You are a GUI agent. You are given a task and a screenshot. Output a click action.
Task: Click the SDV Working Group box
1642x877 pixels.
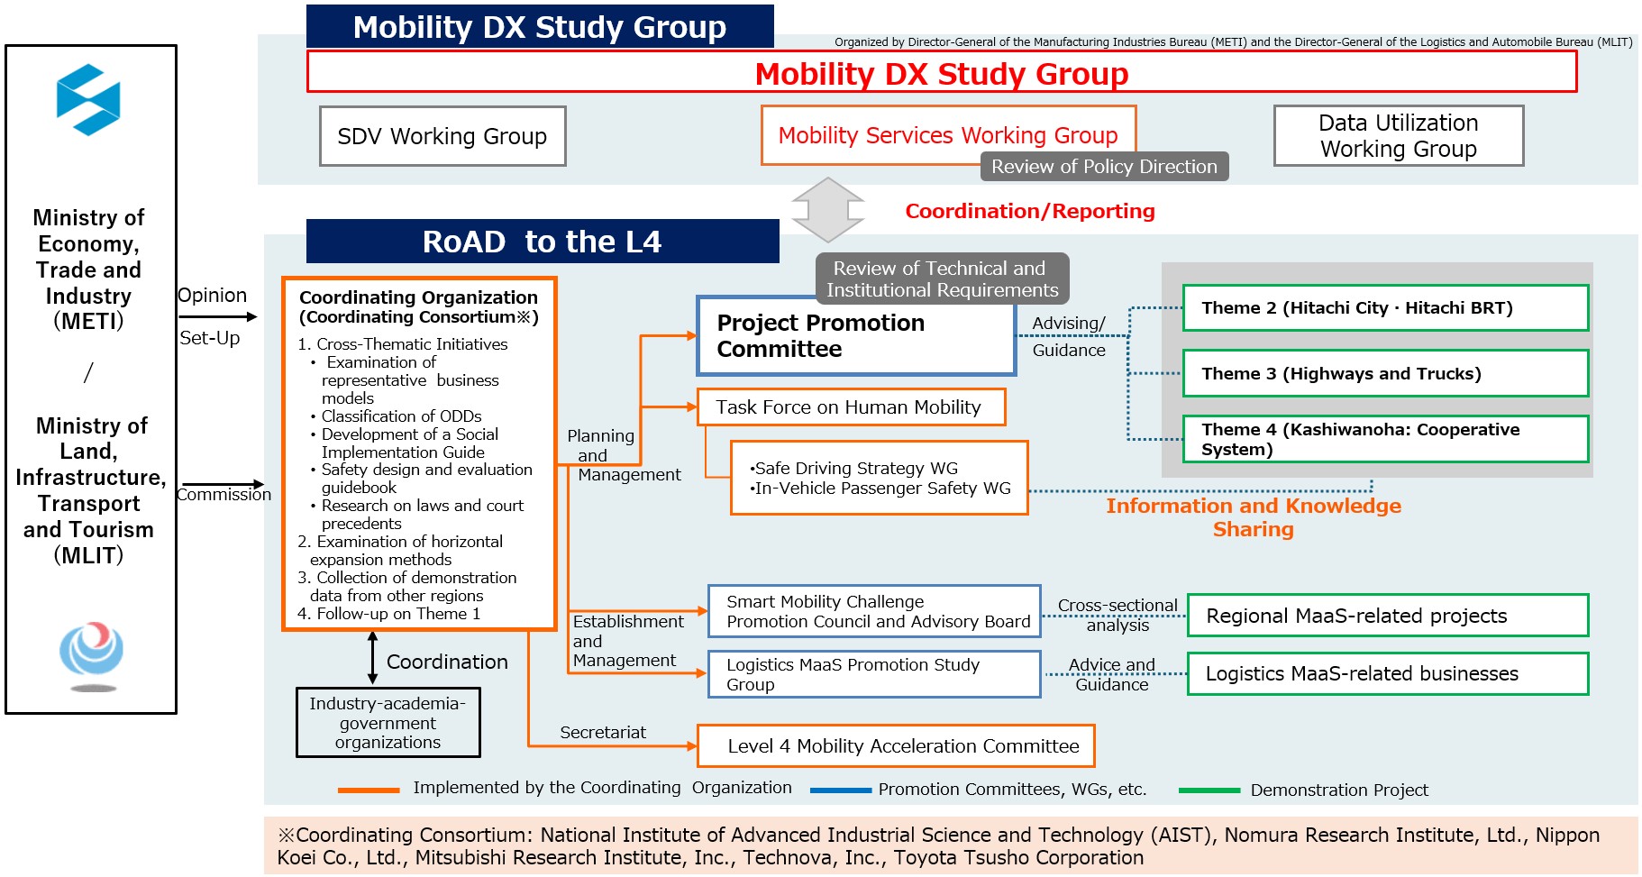(442, 136)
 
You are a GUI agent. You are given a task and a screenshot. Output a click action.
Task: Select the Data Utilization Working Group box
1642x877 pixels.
(1399, 136)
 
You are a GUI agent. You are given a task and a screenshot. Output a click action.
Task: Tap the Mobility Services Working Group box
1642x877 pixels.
(948, 135)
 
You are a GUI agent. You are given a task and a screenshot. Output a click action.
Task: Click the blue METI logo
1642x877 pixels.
(88, 99)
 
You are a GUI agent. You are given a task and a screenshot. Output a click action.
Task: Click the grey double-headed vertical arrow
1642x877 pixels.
(828, 210)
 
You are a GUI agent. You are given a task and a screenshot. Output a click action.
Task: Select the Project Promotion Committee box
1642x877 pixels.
(856, 336)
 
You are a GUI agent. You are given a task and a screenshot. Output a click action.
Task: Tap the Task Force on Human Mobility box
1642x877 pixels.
(851, 407)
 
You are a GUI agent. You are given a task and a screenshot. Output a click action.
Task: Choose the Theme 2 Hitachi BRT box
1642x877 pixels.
(1385, 308)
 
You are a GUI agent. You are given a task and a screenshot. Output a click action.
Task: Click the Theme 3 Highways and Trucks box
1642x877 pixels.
(1385, 373)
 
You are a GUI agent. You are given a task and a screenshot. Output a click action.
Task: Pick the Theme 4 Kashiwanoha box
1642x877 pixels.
(1385, 439)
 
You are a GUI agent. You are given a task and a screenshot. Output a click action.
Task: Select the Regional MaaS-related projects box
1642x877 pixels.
(1388, 616)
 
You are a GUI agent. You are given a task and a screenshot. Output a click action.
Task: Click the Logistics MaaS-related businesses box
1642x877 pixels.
(1388, 673)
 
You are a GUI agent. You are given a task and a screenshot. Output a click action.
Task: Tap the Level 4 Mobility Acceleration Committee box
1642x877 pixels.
(896, 746)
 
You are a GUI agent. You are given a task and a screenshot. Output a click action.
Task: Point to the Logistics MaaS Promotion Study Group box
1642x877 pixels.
(874, 674)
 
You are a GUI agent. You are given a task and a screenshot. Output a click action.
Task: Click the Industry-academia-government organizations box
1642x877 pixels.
(388, 723)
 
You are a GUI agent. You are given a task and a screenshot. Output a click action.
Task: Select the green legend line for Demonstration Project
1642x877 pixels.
(1209, 790)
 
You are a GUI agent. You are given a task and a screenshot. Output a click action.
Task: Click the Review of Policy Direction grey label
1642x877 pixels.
(1105, 167)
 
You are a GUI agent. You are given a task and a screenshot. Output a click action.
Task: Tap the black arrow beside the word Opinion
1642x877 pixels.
(218, 316)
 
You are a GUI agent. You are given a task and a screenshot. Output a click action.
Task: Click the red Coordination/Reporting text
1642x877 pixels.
(1030, 211)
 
